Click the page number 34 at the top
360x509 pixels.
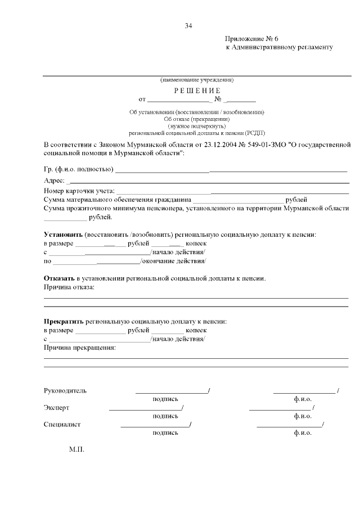[188, 26]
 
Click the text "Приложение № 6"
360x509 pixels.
[252, 39]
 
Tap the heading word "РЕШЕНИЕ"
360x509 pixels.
[197, 91]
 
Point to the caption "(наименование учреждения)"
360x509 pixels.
[197, 79]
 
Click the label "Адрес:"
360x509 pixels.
[54, 181]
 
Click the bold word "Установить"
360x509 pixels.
[63, 234]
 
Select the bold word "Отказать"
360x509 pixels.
[59, 278]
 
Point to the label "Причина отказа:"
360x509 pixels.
[69, 287]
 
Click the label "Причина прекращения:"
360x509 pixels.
[79, 348]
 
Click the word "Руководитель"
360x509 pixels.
[65, 390]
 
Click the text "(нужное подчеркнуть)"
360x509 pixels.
[197, 126]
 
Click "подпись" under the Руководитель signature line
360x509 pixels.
[165, 399]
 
